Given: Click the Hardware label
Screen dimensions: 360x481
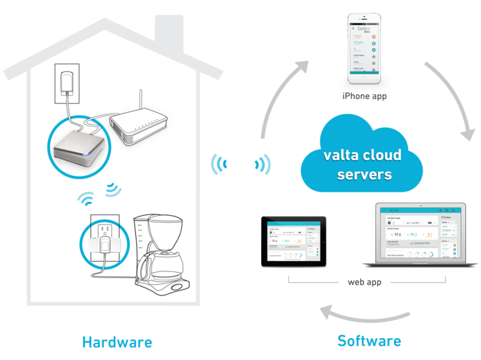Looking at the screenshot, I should [117, 341].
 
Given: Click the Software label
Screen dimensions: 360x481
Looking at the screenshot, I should [369, 340].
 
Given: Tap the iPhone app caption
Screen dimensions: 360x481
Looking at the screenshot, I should [364, 96].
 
